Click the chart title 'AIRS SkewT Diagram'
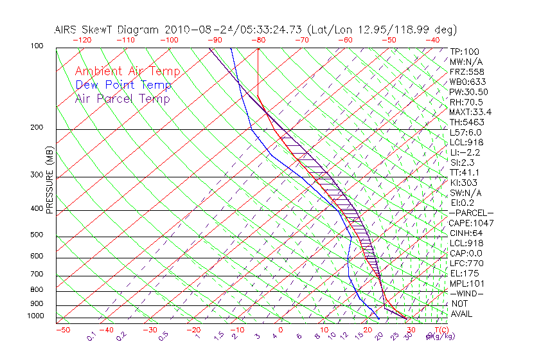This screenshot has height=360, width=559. [x=107, y=30]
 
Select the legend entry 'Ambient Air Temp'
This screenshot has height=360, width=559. [x=127, y=72]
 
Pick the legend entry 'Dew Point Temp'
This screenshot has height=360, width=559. [x=123, y=85]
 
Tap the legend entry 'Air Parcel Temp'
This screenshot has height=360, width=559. [x=123, y=99]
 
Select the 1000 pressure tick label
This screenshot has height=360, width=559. [x=36, y=316]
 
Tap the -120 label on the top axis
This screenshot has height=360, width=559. [x=82, y=40]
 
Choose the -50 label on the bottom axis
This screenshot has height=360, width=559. [x=62, y=330]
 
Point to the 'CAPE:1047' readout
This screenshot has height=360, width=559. [x=470, y=223]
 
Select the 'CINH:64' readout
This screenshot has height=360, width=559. [x=466, y=233]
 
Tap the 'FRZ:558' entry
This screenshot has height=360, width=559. [x=465, y=72]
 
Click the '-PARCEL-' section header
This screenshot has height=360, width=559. [x=471, y=213]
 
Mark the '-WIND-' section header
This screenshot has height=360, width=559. [x=466, y=293]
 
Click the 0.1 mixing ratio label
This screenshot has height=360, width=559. [x=92, y=336]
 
